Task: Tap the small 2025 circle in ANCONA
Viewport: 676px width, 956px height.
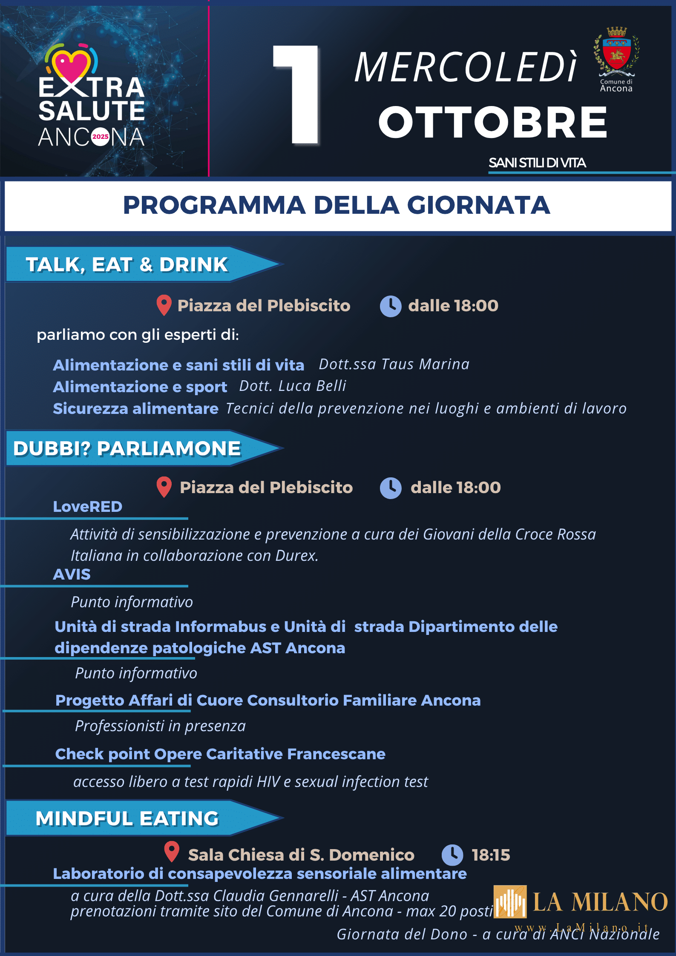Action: [101, 137]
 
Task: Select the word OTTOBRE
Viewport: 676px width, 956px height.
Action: [493, 122]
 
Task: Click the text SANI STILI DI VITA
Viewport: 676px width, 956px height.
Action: [537, 163]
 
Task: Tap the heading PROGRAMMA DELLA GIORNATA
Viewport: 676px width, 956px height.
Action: [337, 205]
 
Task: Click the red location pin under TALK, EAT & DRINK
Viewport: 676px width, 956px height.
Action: [164, 305]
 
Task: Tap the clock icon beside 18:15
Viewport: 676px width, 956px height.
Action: [452, 855]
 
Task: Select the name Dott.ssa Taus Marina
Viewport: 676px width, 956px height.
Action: [394, 365]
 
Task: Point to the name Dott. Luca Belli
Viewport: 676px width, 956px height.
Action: [293, 386]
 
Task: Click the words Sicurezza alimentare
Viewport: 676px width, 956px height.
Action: [135, 409]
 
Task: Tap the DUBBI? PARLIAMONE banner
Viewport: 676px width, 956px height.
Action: [127, 448]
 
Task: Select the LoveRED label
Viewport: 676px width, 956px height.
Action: [88, 507]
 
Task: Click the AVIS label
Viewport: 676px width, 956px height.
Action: [72, 574]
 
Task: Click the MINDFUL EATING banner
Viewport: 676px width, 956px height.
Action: [127, 818]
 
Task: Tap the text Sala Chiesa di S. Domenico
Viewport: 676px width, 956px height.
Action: [301, 855]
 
